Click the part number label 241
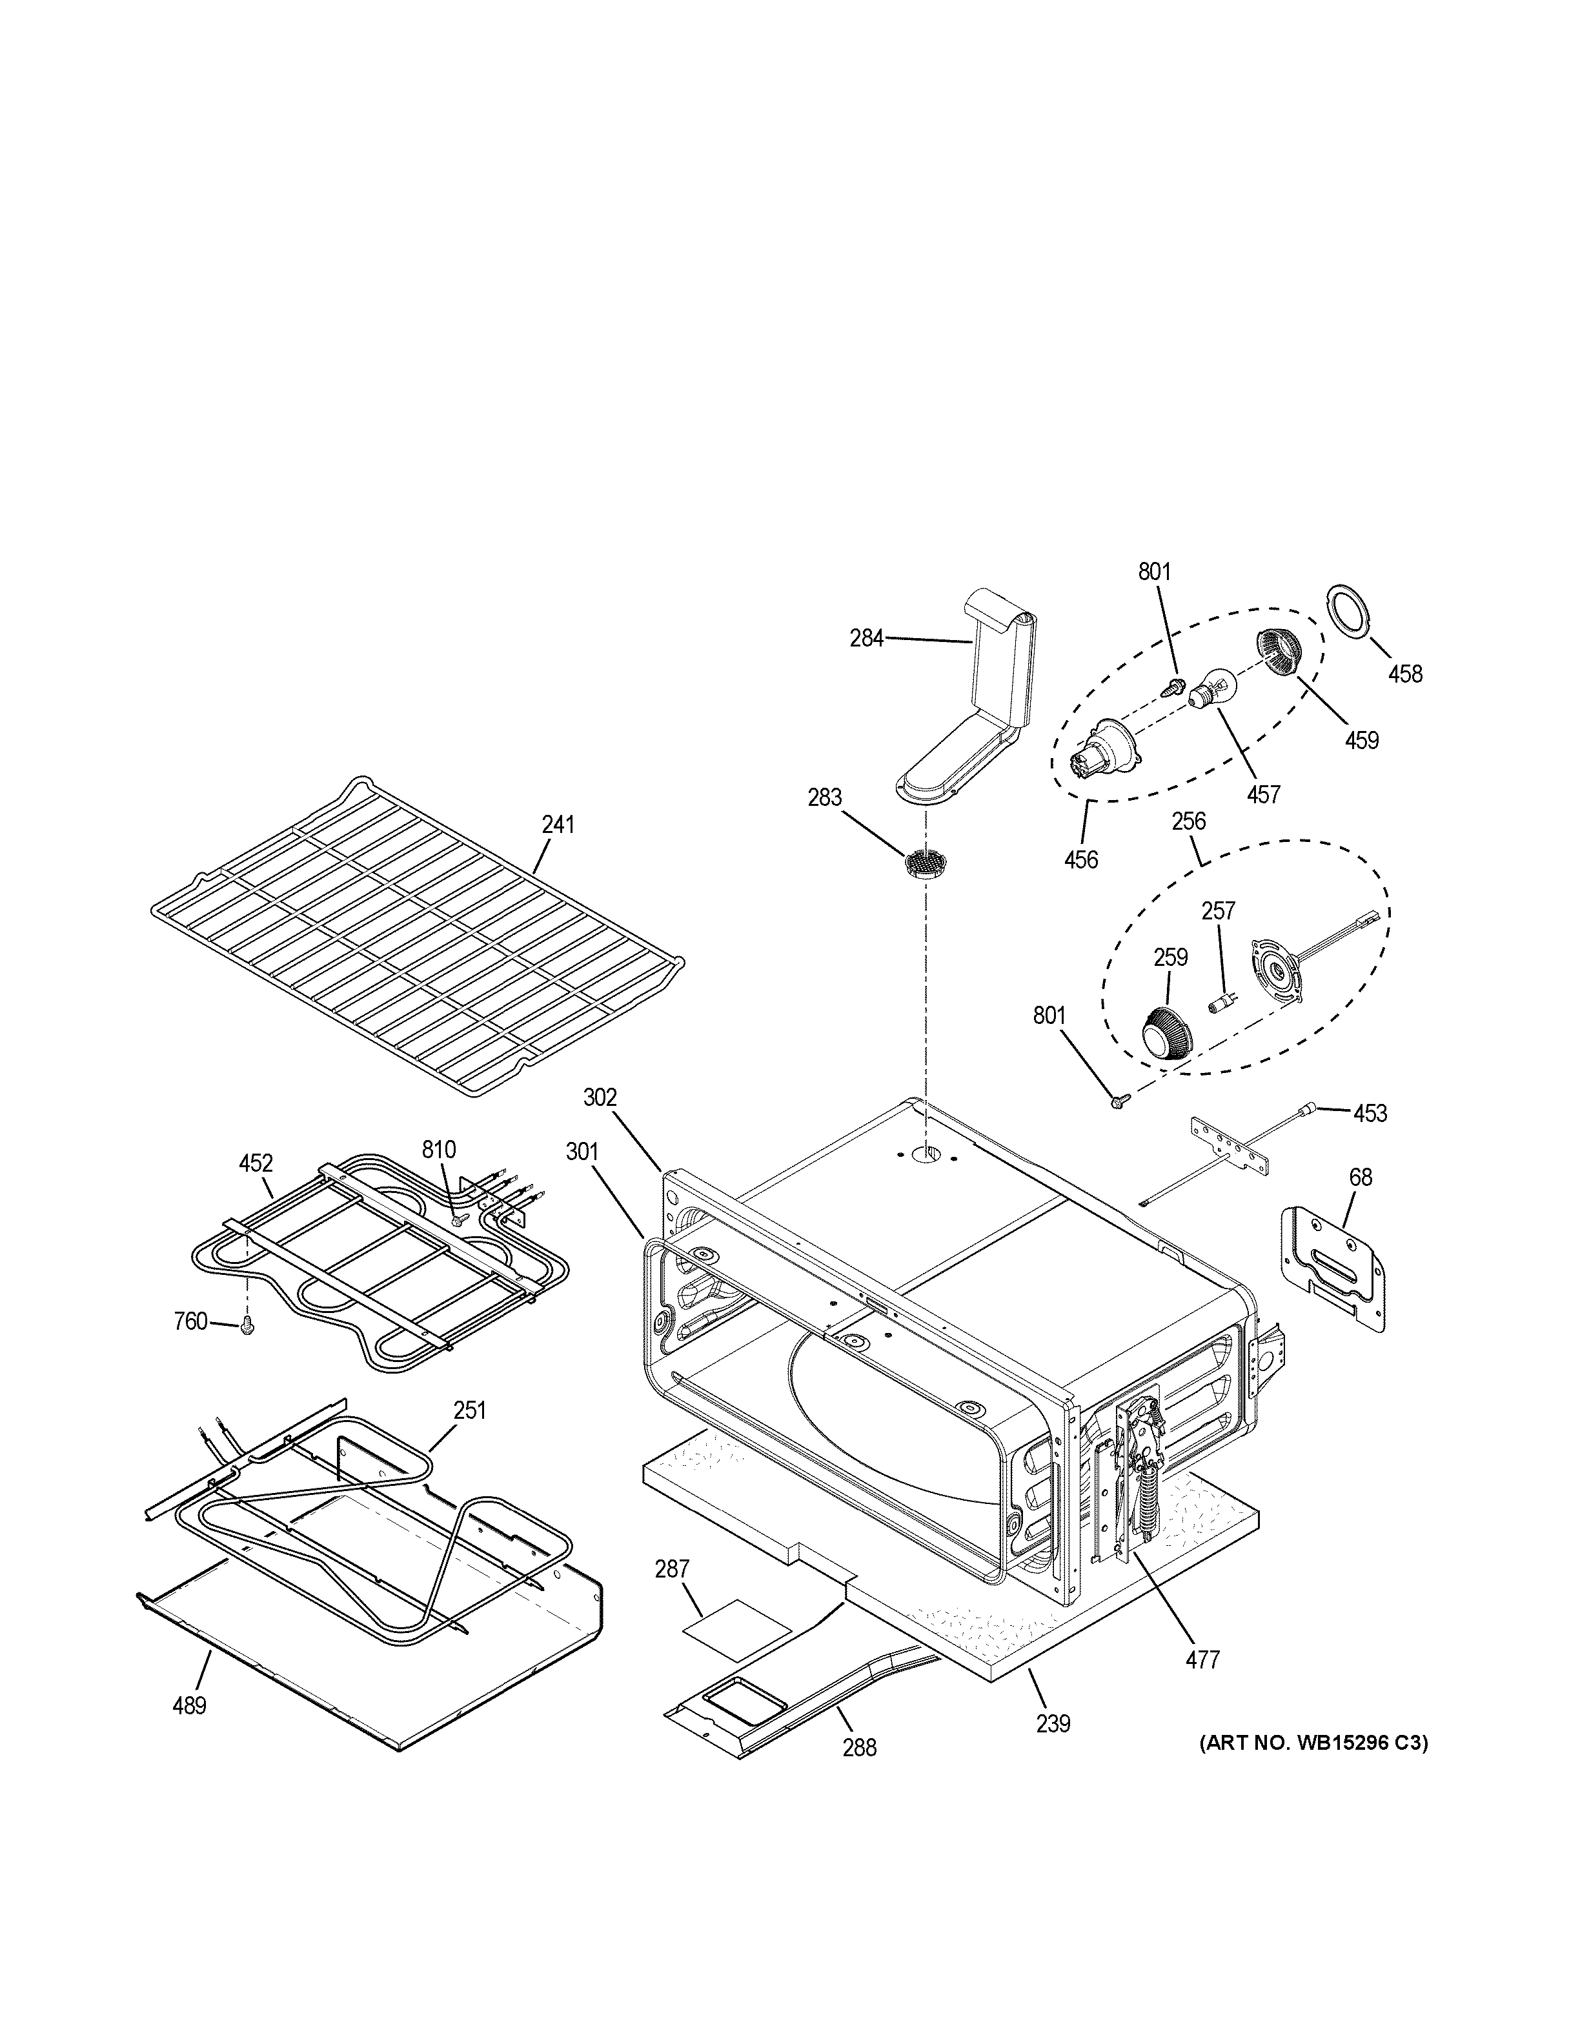558,825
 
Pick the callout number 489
189,1706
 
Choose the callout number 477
1203,1660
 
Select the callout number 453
1370,1113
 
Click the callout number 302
600,1097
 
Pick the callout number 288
859,1747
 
